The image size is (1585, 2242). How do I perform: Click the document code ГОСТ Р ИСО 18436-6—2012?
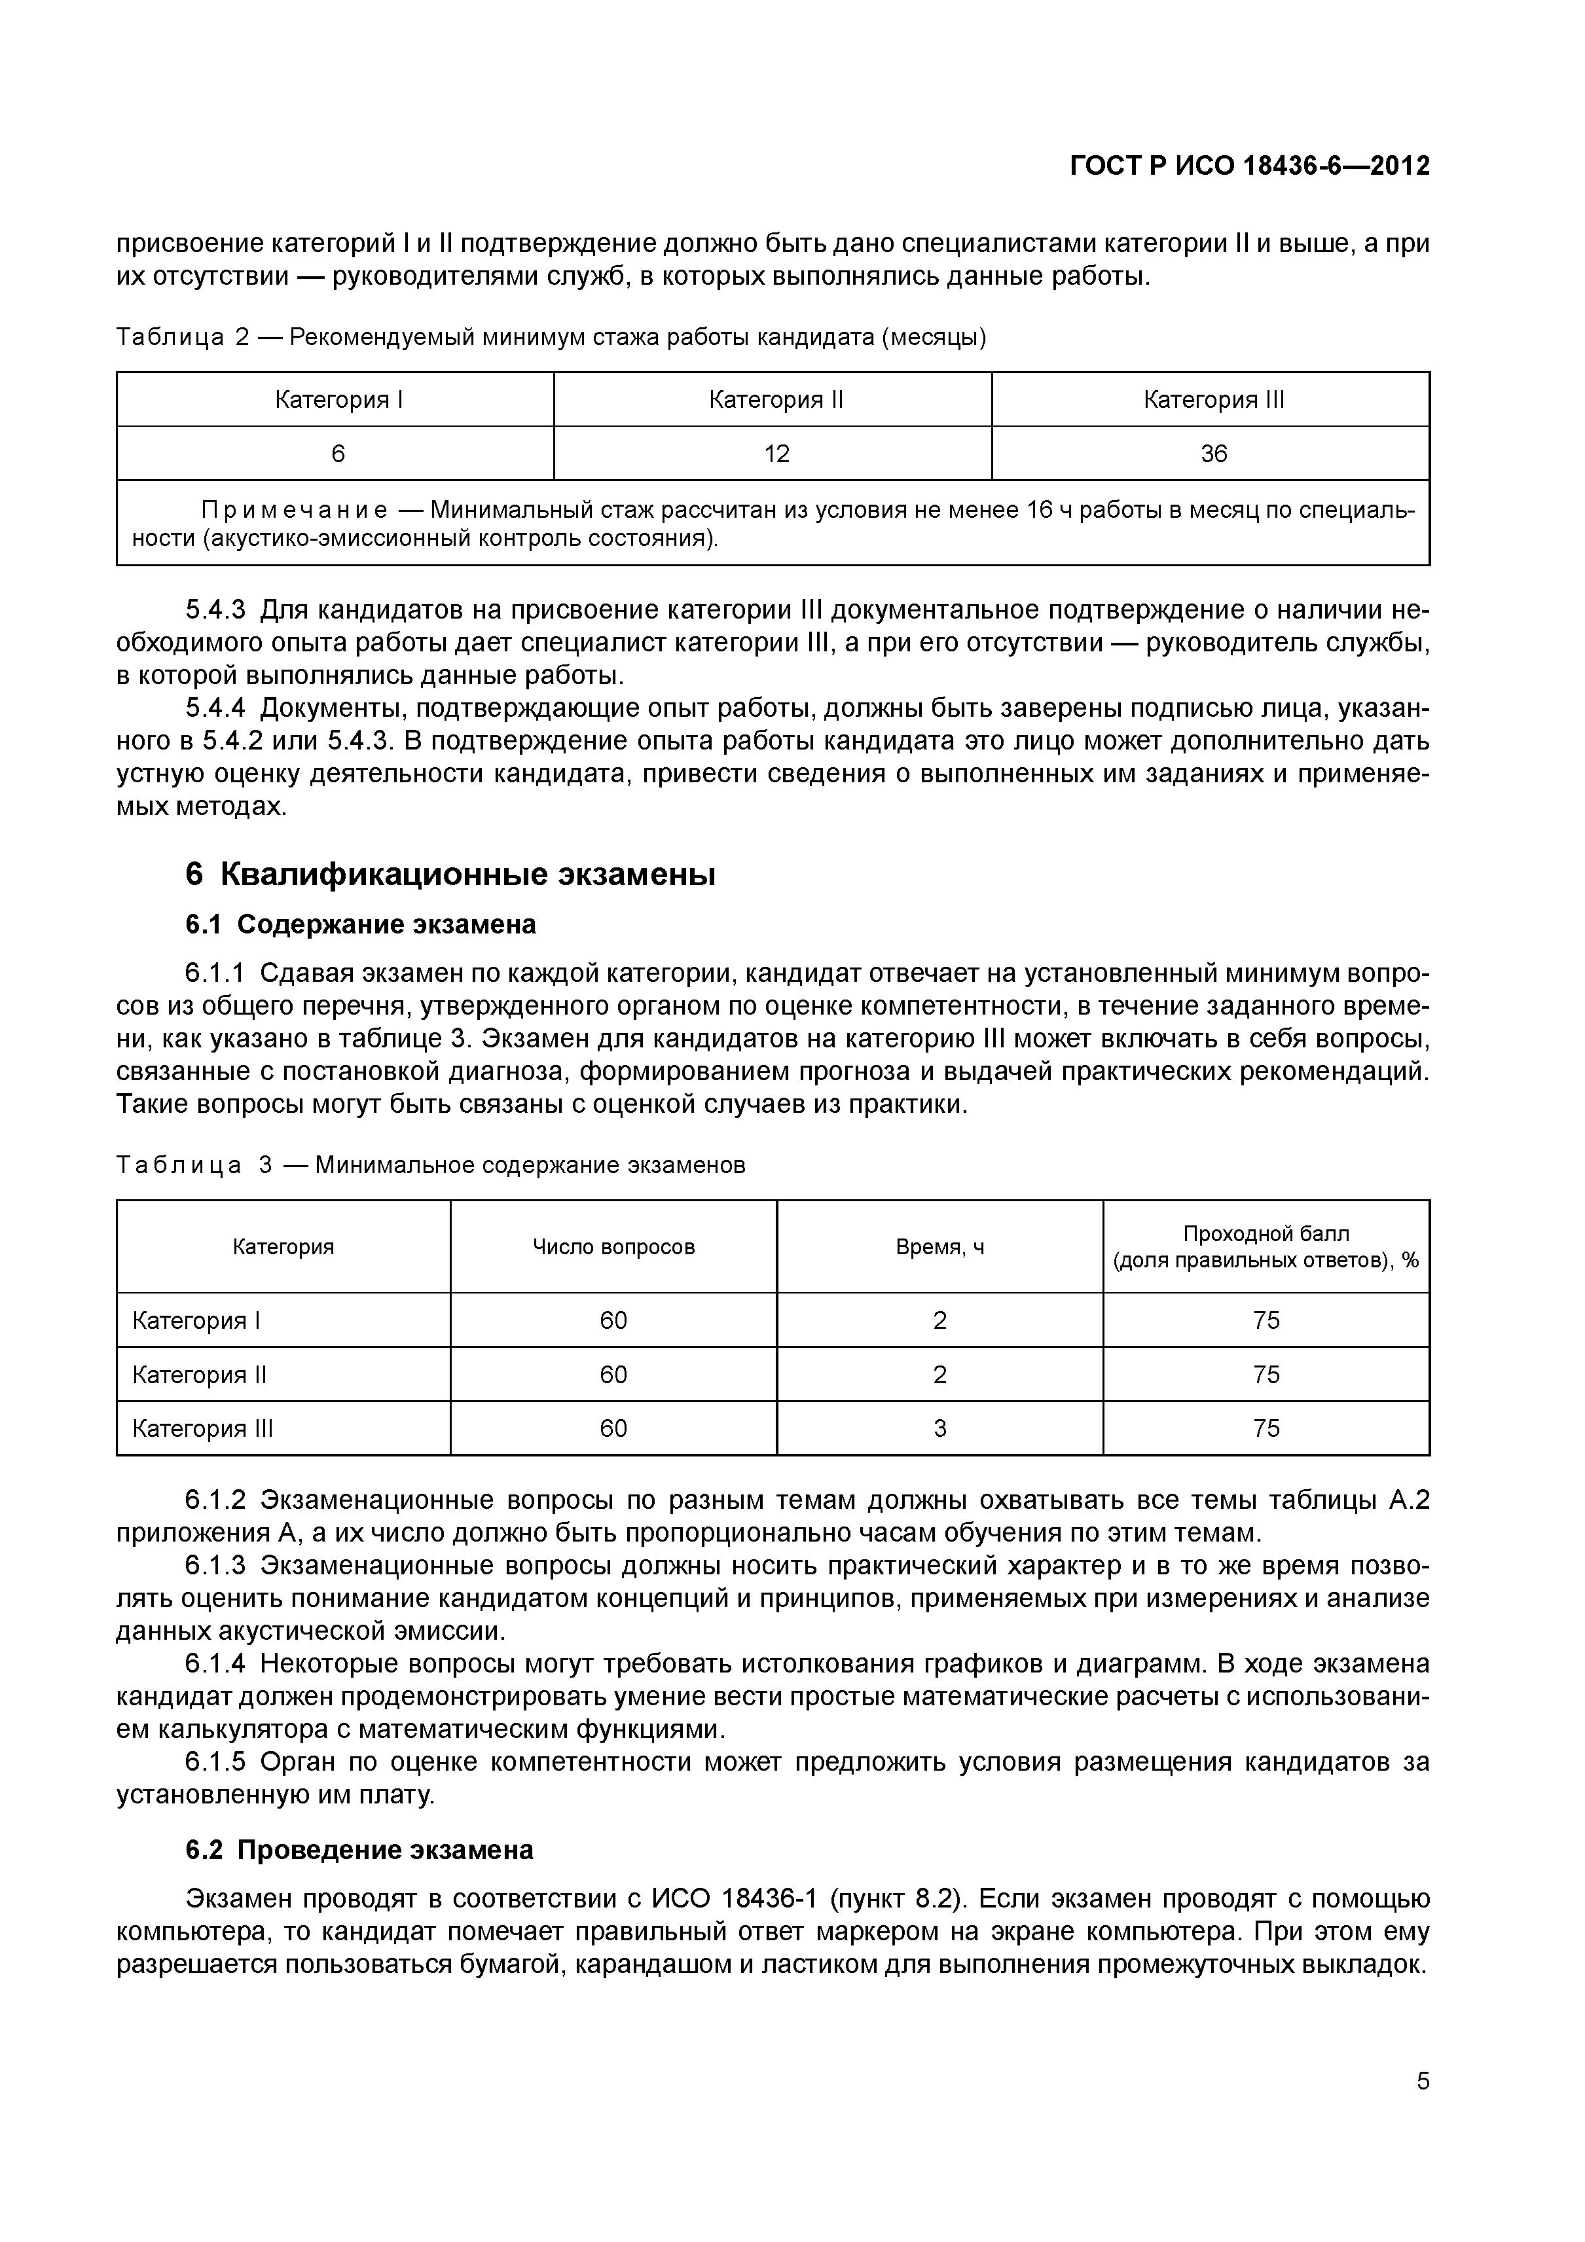tap(1249, 166)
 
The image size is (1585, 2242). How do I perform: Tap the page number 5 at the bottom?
tap(1423, 2108)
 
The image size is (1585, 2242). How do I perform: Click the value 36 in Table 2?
tap(1213, 454)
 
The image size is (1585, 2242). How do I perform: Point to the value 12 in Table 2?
tap(776, 454)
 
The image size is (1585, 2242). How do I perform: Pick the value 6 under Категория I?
tap(338, 454)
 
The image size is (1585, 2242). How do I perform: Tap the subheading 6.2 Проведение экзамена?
tap(359, 1849)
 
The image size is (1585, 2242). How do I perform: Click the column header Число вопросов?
tap(613, 1247)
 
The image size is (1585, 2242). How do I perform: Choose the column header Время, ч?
tap(939, 1247)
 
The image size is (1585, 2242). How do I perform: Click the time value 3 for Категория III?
tap(939, 1428)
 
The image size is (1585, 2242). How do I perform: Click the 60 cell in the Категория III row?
tap(613, 1428)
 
